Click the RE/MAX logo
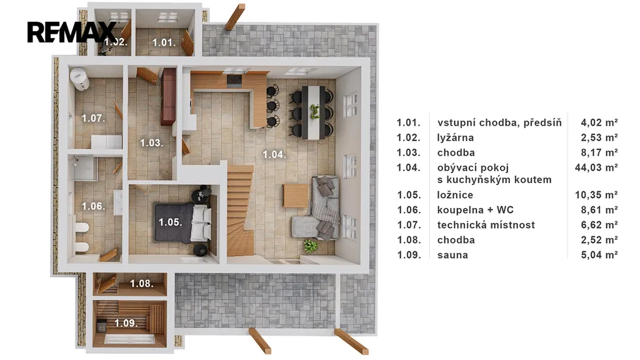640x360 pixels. click(x=72, y=32)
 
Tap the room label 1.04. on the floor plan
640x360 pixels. click(x=274, y=155)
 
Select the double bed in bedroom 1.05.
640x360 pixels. click(x=183, y=223)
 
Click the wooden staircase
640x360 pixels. click(x=240, y=210)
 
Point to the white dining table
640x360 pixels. click(x=314, y=112)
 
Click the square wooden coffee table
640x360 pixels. click(x=296, y=196)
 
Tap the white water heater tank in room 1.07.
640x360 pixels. click(x=79, y=79)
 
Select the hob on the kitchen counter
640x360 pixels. click(x=234, y=80)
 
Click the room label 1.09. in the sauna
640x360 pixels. click(x=126, y=323)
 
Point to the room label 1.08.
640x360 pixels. click(x=142, y=283)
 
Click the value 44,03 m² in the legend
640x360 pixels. click(x=596, y=167)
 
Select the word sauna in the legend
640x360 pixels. click(x=452, y=255)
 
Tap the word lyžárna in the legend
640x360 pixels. click(x=455, y=137)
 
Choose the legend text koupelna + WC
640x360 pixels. click(x=475, y=210)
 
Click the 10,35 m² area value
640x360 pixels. click(x=596, y=195)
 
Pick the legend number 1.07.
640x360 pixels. click(x=409, y=225)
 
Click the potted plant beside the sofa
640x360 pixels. click(x=311, y=245)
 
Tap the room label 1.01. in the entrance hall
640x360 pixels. click(x=164, y=42)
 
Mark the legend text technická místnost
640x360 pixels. click(x=486, y=225)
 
